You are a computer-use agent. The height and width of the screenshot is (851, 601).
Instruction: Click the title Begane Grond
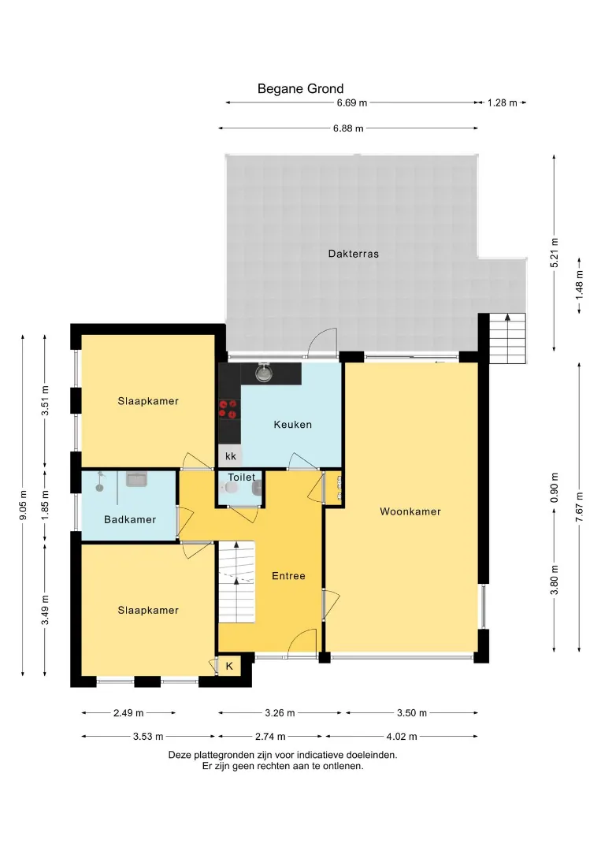point(301,88)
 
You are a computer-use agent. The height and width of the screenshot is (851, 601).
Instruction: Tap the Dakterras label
point(353,254)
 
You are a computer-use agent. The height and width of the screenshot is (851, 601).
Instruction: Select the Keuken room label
point(292,425)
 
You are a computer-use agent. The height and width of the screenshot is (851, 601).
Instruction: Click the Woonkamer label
point(410,511)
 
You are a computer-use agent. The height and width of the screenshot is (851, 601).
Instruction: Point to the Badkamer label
point(130,519)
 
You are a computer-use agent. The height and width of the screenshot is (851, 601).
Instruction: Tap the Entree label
point(288,576)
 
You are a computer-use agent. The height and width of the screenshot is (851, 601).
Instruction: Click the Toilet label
point(241,477)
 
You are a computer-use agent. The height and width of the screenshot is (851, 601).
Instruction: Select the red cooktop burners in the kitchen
point(228,409)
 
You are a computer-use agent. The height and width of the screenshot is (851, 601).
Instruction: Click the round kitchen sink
point(264,373)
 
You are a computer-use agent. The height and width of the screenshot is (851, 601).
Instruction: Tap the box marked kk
point(230,456)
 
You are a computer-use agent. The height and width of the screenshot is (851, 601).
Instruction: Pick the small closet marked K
point(229,666)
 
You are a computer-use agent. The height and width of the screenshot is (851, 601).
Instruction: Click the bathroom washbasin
point(136,479)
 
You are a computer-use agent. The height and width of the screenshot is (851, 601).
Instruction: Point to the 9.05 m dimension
point(23,505)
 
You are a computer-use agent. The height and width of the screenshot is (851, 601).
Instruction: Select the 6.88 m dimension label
point(348,128)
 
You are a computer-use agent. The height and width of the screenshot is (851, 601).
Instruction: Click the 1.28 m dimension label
point(502,102)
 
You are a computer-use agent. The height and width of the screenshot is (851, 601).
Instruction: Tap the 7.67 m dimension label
point(579,507)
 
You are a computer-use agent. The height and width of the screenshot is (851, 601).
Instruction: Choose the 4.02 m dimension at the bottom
point(402,737)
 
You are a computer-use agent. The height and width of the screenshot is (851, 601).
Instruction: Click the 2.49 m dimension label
point(128,712)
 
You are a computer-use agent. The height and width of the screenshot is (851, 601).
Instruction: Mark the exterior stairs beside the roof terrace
point(508,338)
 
